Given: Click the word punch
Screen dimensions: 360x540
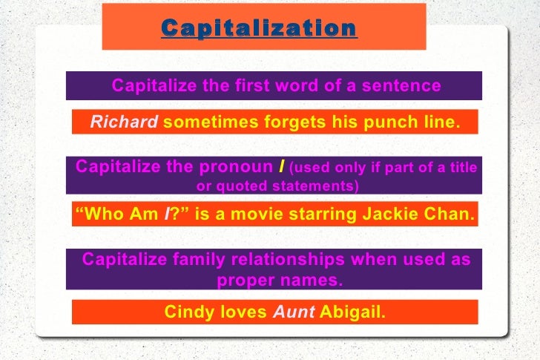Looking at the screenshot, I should coord(374,122).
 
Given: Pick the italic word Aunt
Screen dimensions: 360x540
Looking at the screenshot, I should coord(294,312).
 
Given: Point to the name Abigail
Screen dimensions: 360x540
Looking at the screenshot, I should coord(353,312).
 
